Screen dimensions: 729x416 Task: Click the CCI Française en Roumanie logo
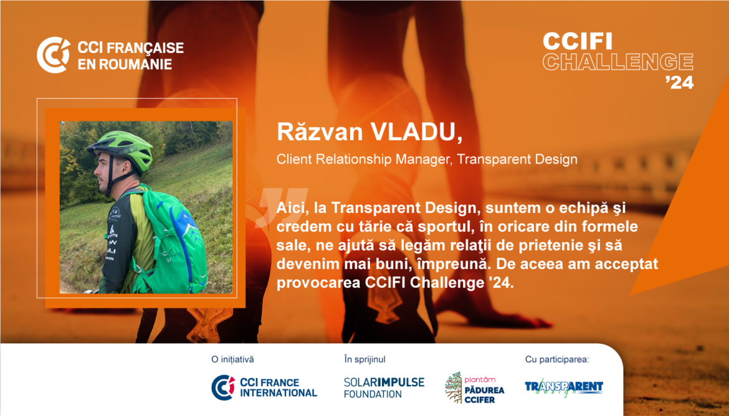(110, 55)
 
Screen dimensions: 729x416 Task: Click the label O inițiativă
(233, 359)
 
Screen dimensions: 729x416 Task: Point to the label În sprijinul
(365, 359)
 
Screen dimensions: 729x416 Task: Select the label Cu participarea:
(557, 359)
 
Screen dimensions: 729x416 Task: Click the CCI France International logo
(264, 387)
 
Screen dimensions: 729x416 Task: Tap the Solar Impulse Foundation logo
(384, 387)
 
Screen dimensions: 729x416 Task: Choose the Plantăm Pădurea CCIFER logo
(475, 387)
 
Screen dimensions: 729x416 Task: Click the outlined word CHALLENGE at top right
(618, 62)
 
